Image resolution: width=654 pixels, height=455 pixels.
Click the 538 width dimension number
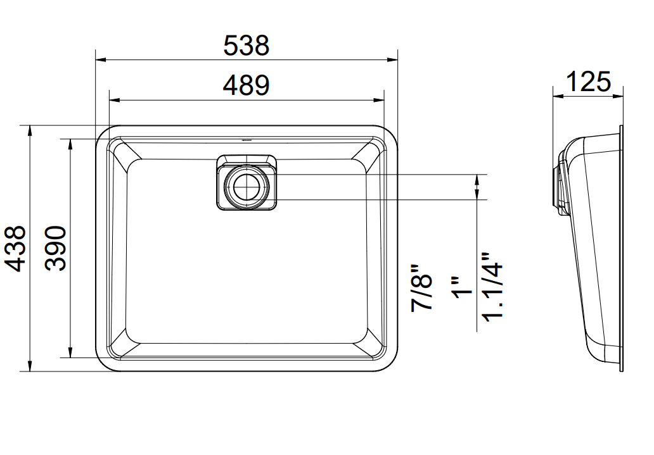pyautogui.click(x=246, y=45)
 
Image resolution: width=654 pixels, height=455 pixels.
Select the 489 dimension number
pyautogui.click(x=246, y=85)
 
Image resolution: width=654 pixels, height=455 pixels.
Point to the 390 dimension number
pyautogui.click(x=56, y=249)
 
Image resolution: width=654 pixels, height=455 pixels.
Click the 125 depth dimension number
pyautogui.click(x=589, y=82)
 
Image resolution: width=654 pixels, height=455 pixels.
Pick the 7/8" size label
pyautogui.click(x=421, y=287)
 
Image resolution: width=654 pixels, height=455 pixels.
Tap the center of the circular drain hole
pyautogui.click(x=247, y=187)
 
